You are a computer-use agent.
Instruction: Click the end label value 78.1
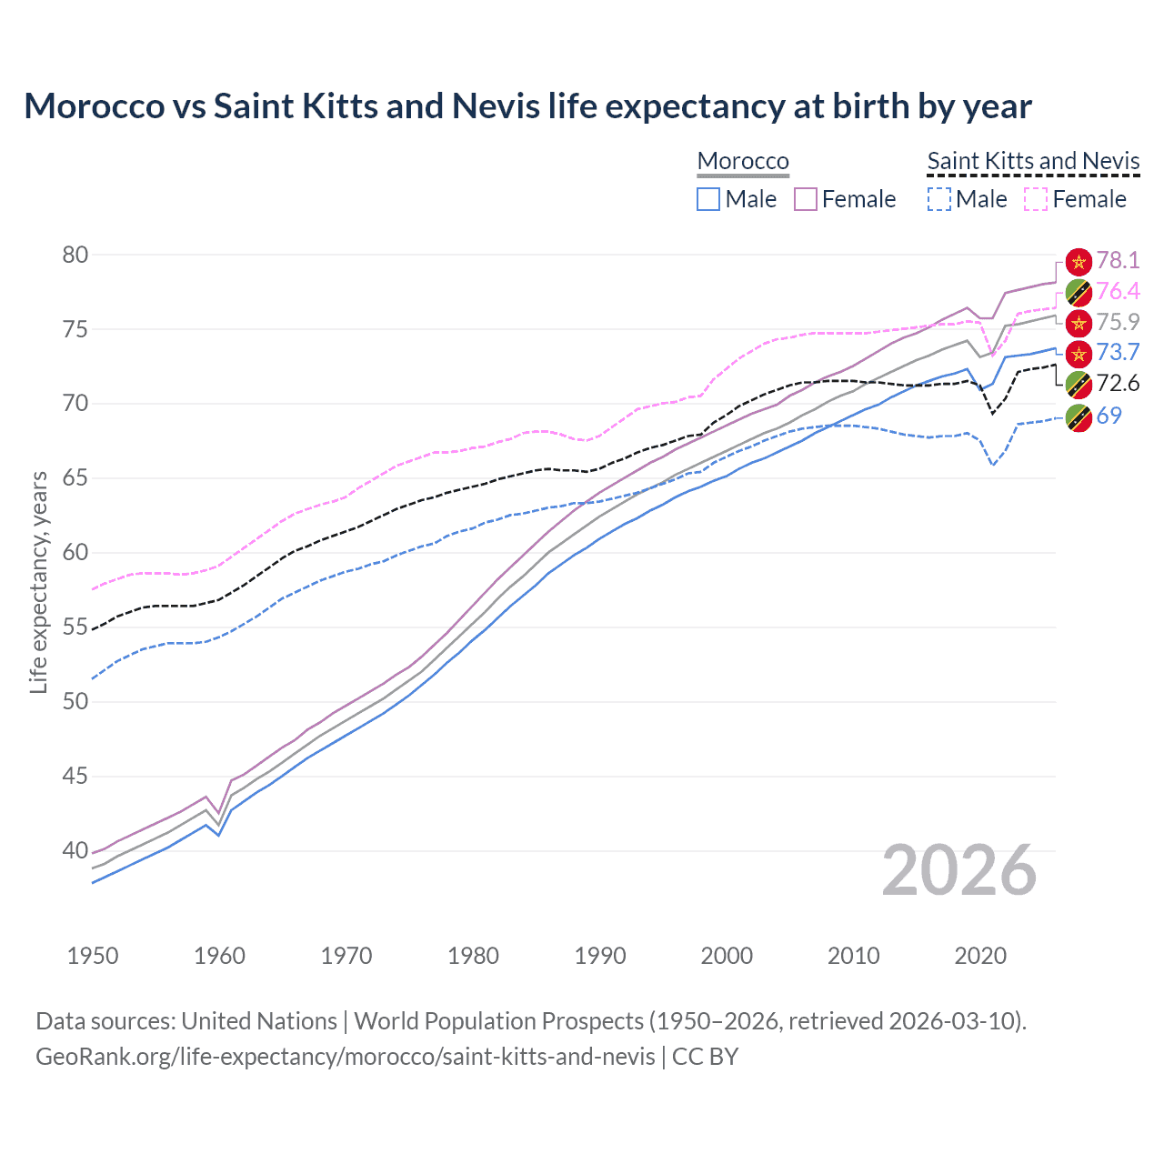click(1118, 260)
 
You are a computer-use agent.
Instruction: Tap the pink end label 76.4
click(1118, 291)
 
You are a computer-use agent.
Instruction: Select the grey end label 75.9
click(1118, 322)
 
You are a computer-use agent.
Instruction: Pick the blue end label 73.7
click(1118, 353)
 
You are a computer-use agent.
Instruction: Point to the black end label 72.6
click(1118, 383)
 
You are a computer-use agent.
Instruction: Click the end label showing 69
click(1109, 416)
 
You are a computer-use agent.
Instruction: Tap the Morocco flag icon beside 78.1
click(1079, 262)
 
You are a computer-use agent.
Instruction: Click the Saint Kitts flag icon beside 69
click(1079, 417)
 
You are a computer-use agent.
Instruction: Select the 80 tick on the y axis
click(75, 255)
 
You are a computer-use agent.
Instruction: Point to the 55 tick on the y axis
click(75, 627)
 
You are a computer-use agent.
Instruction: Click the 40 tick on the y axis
click(75, 851)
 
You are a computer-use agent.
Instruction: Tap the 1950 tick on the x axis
click(93, 956)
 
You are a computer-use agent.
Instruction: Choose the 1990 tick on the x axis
click(600, 956)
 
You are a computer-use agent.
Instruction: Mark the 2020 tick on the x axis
click(980, 956)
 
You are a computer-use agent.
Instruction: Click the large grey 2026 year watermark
click(958, 871)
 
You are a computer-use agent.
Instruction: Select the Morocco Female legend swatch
click(807, 199)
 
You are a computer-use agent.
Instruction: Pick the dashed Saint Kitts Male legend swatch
click(939, 199)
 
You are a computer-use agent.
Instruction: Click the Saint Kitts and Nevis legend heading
click(1033, 161)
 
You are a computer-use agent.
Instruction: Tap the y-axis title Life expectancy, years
click(38, 582)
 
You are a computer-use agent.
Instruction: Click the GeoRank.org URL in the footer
click(345, 1057)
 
